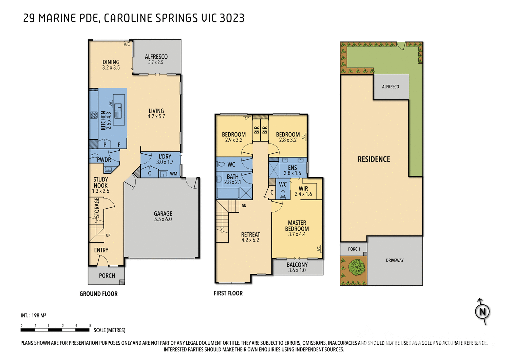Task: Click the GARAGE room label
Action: coord(163,214)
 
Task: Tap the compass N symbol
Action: coord(482,311)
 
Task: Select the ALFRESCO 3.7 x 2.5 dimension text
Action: coord(156,62)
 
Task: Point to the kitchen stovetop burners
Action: coord(94,115)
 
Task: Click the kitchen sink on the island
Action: coord(118,111)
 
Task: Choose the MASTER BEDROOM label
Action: coord(297,226)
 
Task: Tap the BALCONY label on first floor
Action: coord(297,265)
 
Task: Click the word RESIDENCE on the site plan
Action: coord(374,159)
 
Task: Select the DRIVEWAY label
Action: coord(395,260)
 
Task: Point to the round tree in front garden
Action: coord(357,267)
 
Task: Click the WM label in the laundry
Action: coord(174,174)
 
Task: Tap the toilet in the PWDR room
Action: coord(94,156)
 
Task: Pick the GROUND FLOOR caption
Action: coord(98,293)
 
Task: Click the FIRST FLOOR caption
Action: coord(228,293)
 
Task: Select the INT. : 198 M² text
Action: coord(33,316)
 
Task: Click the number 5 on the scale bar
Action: coord(90,325)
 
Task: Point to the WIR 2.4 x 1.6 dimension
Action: coord(303,194)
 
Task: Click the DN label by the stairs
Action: coord(244,206)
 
